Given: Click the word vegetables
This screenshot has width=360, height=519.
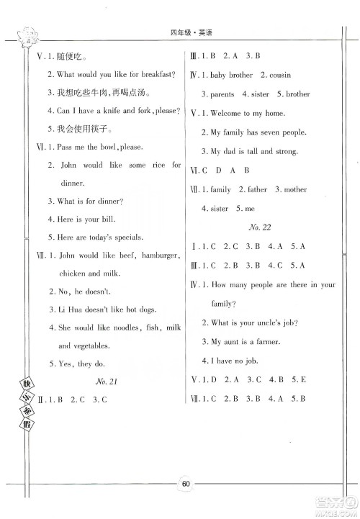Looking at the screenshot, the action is pyautogui.click(x=73, y=346).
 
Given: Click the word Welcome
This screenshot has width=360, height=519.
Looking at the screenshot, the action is pyautogui.click(x=228, y=114).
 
